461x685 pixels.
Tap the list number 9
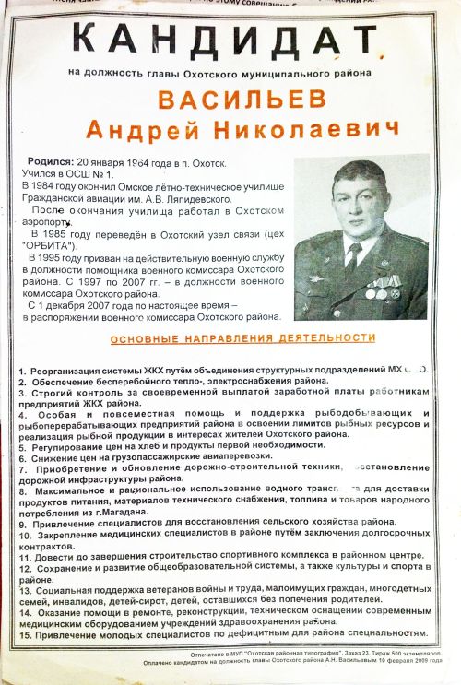pyautogui.click(x=22, y=522)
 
